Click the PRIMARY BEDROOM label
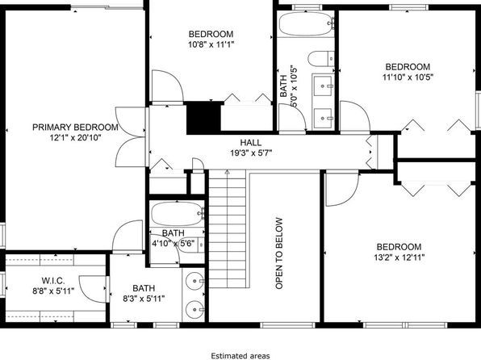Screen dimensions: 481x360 point(75,127)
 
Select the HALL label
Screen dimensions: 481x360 point(251,142)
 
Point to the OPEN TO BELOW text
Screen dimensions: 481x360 point(279,253)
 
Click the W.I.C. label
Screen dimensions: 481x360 point(53,281)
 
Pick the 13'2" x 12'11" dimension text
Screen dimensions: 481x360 point(399,257)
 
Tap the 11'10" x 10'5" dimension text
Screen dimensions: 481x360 point(408,77)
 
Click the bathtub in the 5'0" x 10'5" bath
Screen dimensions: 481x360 point(306,24)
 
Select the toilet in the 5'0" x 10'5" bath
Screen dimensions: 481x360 point(321,59)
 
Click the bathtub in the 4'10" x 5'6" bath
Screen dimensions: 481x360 point(178,214)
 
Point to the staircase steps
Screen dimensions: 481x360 point(228,229)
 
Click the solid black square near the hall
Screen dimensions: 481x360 point(203,118)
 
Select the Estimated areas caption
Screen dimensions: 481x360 point(240,356)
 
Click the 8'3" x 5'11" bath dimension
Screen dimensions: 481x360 point(144,299)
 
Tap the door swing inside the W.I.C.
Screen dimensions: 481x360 point(93,288)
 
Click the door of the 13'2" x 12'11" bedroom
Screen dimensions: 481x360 point(341,190)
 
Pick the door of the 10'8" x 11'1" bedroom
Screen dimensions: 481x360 point(168,86)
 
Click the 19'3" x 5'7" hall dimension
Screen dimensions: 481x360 point(251,153)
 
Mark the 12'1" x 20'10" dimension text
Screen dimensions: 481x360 point(76,138)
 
